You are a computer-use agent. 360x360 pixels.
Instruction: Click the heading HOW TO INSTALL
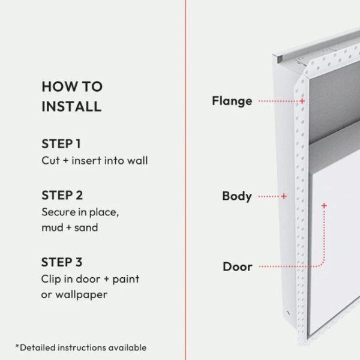click(72, 97)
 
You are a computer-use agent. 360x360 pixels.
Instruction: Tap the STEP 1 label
click(61, 144)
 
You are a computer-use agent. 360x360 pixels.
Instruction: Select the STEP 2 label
click(62, 196)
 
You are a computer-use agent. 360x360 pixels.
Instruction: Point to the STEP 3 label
click(62, 262)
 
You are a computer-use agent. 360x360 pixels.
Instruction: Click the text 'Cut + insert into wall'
click(95, 160)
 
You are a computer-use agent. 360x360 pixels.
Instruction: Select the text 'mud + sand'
click(70, 227)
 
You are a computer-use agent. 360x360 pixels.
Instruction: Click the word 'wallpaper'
click(81, 295)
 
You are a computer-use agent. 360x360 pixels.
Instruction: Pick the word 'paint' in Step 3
click(126, 280)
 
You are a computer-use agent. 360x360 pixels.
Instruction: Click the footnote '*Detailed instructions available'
click(81, 347)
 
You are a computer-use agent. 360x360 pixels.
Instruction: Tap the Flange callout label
click(232, 101)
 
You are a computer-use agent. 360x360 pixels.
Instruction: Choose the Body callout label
click(237, 197)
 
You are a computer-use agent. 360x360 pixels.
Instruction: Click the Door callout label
click(238, 267)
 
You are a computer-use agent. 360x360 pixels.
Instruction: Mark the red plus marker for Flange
click(302, 101)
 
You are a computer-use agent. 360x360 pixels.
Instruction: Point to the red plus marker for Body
click(284, 196)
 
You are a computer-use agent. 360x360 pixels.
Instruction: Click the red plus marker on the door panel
click(324, 205)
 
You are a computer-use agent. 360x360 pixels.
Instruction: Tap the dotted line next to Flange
click(278, 101)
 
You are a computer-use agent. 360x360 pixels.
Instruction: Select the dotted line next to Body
click(269, 196)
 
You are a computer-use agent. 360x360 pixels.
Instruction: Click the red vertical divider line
click(185, 180)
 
